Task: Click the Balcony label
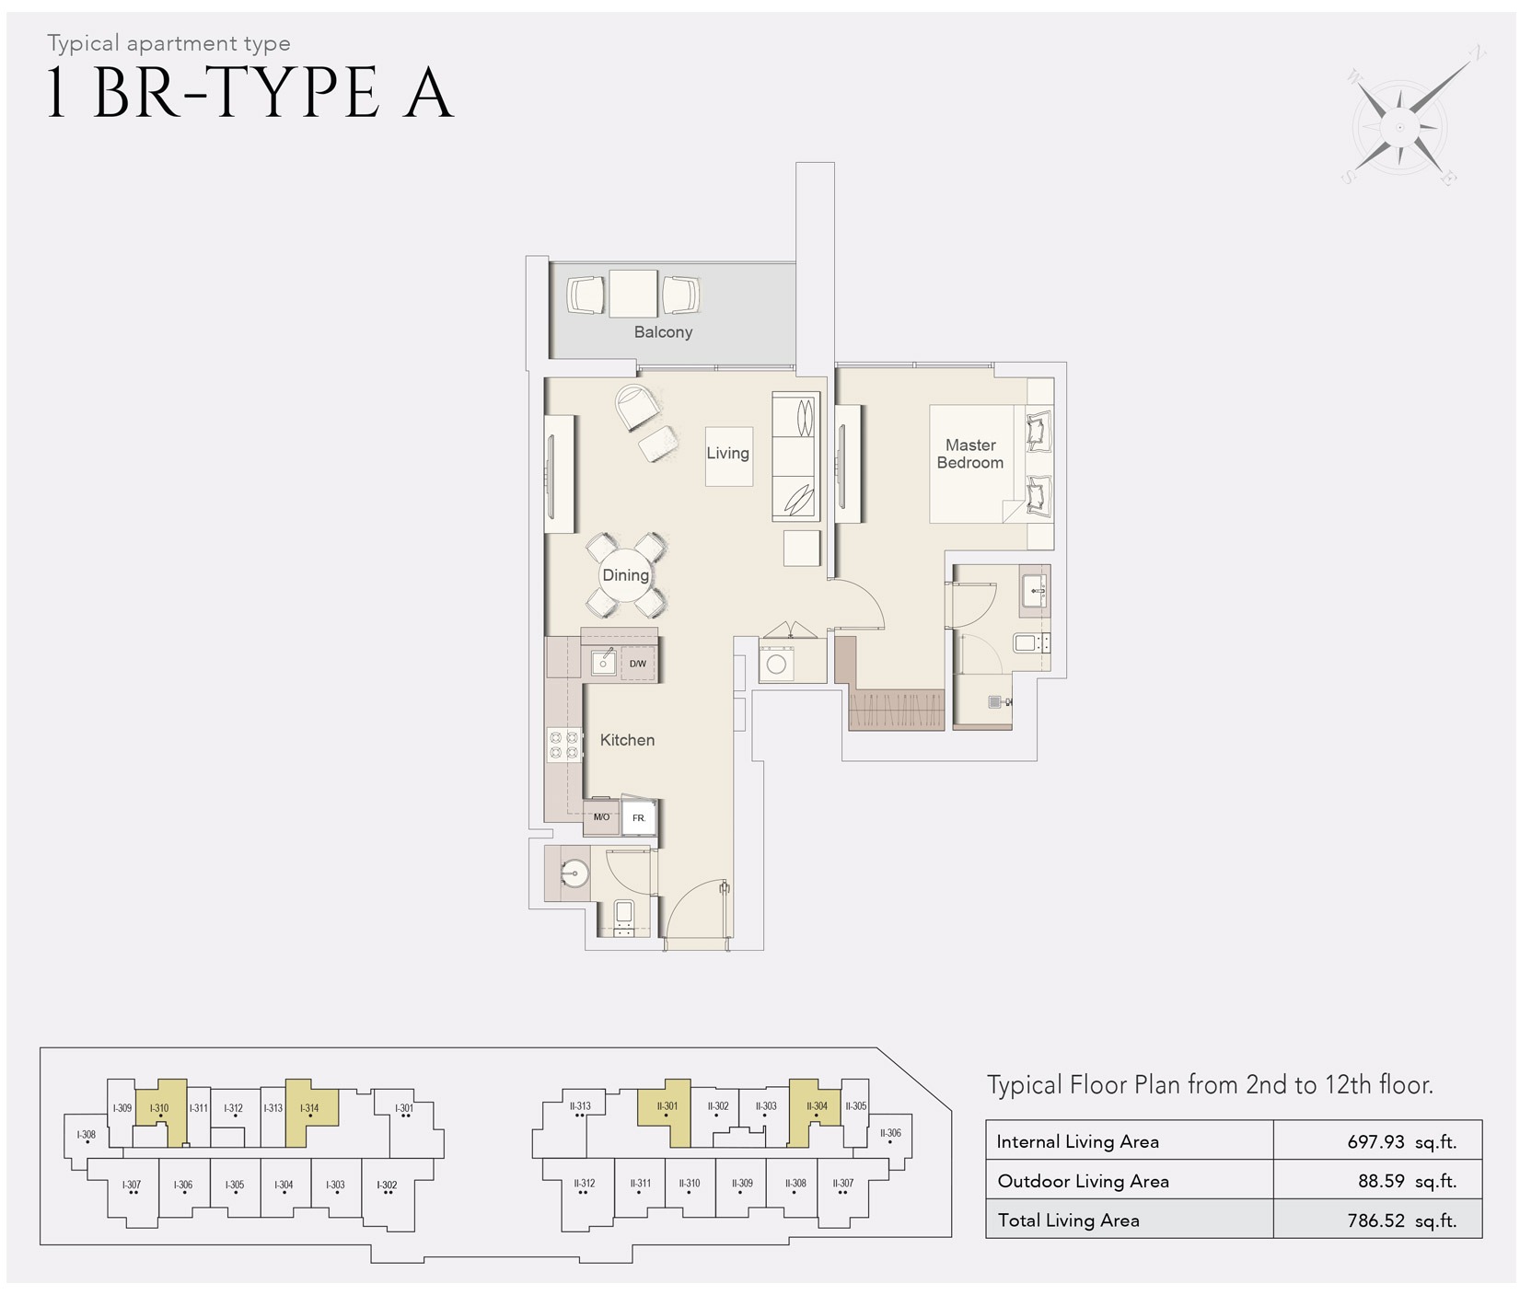(x=663, y=332)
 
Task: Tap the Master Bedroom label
(x=970, y=454)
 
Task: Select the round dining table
(x=626, y=575)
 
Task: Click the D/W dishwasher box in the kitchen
(x=638, y=664)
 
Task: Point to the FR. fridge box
(x=639, y=817)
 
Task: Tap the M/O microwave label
(x=601, y=817)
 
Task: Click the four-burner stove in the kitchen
(x=563, y=746)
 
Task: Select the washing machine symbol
(x=776, y=664)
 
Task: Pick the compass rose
(x=1400, y=127)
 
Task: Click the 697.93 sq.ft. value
(x=1401, y=1142)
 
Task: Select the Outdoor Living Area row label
(x=1083, y=1182)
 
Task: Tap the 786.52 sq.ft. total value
(x=1401, y=1221)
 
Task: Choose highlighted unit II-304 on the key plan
(x=817, y=1106)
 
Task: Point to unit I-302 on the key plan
(x=388, y=1185)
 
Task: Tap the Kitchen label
(x=627, y=740)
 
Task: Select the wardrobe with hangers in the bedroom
(x=896, y=710)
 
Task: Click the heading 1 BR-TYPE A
(x=250, y=93)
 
